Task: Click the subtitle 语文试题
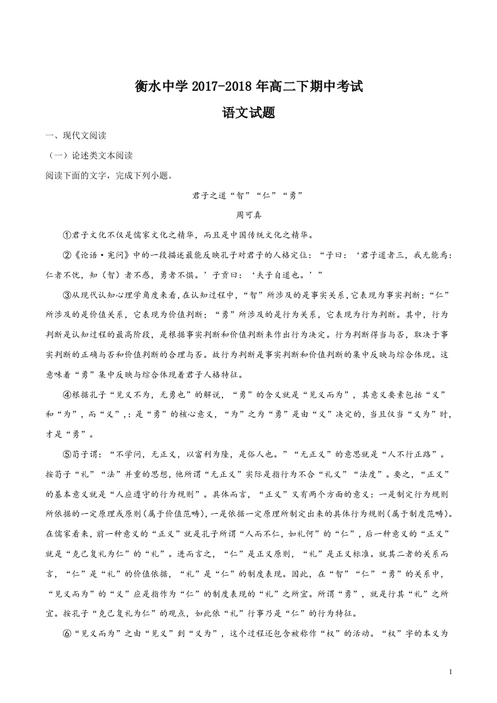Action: [x=249, y=113]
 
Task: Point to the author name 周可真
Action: [x=248, y=214]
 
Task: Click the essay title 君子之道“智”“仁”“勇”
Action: [x=248, y=195]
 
